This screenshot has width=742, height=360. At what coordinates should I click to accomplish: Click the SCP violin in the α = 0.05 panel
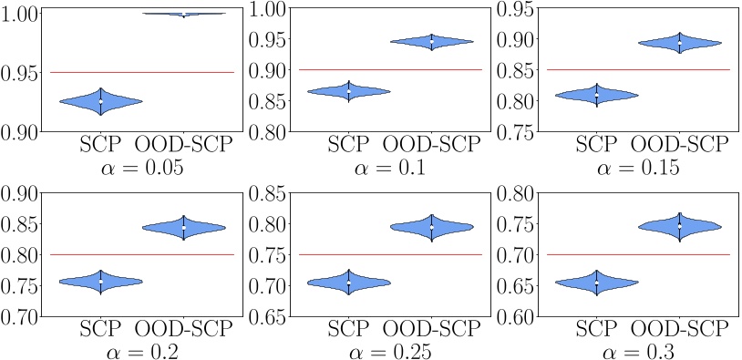100,101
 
